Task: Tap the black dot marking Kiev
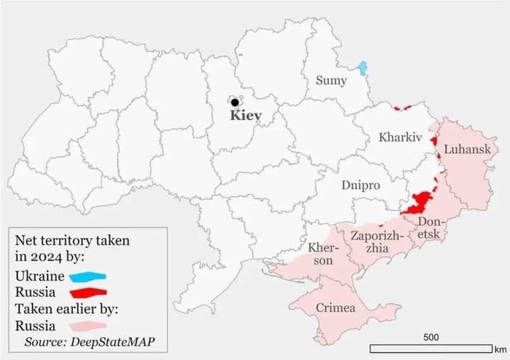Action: (x=234, y=102)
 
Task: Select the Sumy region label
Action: (x=331, y=81)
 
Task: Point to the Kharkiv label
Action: (x=400, y=137)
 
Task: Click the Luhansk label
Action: (x=467, y=151)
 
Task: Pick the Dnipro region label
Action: (x=361, y=185)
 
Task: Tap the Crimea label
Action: (x=336, y=309)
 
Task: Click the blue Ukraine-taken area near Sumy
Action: (x=363, y=68)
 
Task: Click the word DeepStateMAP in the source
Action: (x=114, y=342)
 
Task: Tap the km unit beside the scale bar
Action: (x=501, y=349)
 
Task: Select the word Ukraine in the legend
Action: (x=39, y=275)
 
